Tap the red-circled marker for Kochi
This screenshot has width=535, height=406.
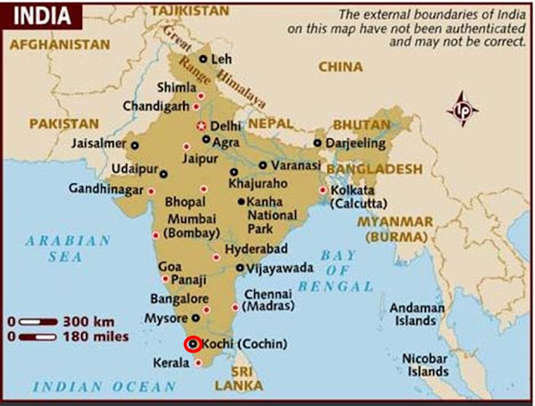tap(192, 344)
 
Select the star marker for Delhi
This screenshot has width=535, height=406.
tap(200, 126)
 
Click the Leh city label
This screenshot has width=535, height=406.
tap(222, 59)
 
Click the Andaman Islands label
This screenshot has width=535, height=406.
tap(415, 314)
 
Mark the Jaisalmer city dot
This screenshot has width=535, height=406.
tap(135, 144)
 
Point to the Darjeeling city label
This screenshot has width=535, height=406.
tap(355, 143)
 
